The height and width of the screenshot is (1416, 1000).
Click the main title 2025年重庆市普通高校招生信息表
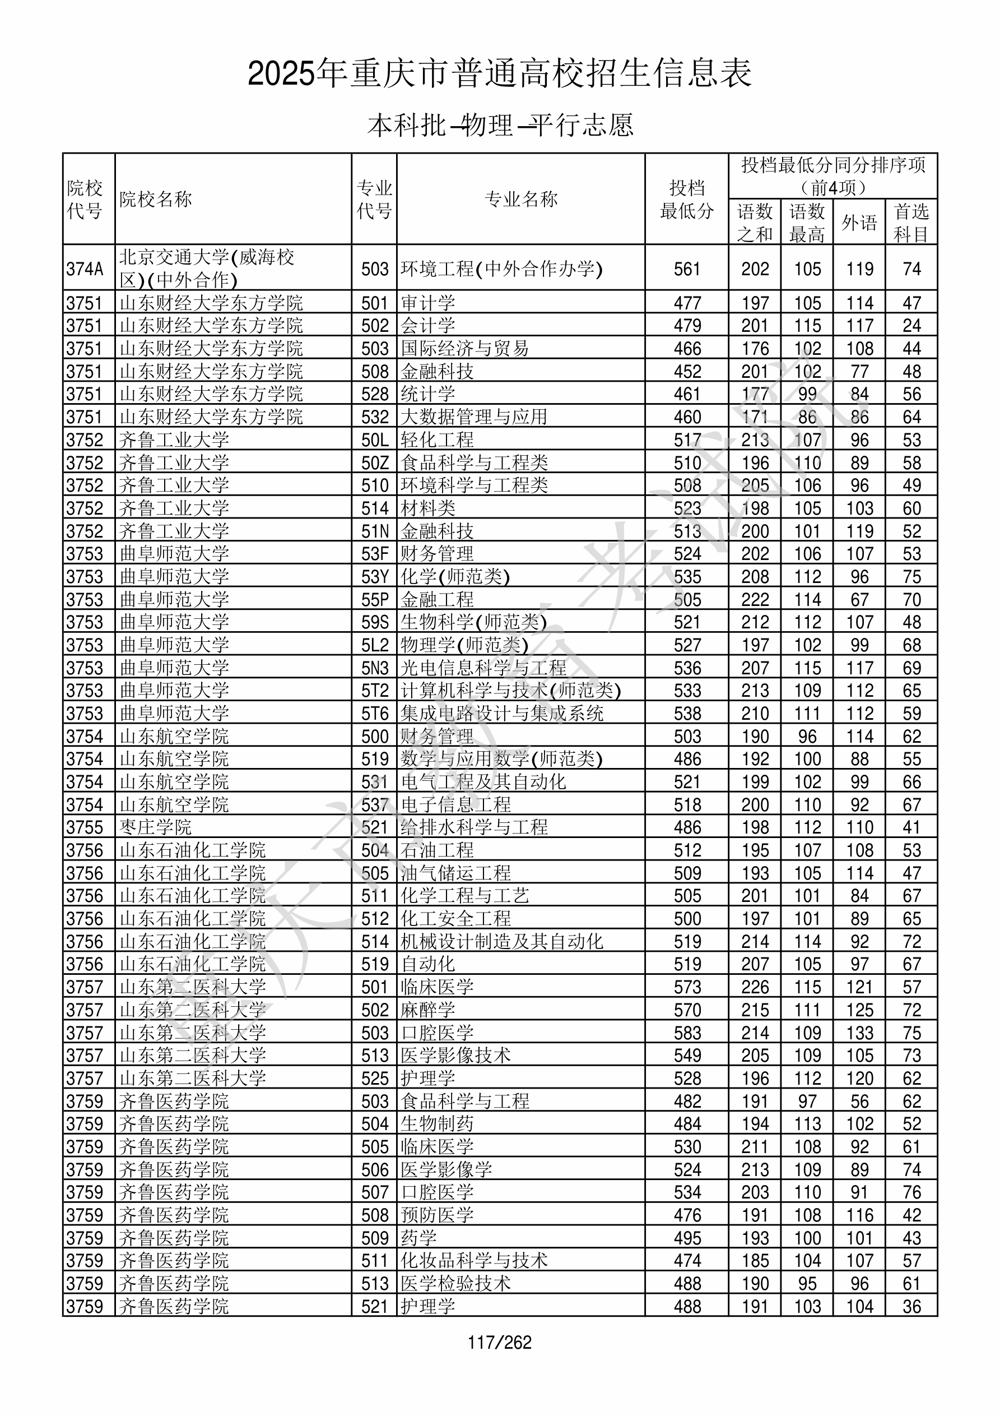click(x=499, y=73)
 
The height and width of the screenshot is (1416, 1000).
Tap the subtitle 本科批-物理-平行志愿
click(x=500, y=125)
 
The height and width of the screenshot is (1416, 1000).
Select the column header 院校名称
click(x=156, y=199)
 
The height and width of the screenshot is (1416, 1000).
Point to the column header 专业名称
click(x=521, y=199)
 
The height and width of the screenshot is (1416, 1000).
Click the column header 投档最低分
click(x=686, y=199)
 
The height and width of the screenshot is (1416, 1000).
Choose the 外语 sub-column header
click(x=859, y=222)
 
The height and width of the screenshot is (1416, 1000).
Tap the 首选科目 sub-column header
click(x=911, y=222)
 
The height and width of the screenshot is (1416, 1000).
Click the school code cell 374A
click(x=85, y=269)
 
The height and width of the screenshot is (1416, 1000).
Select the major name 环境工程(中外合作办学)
click(x=501, y=269)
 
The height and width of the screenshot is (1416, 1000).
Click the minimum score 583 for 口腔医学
click(x=687, y=1033)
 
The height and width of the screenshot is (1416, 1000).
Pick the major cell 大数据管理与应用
click(x=473, y=417)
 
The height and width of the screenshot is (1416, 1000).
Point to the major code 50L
click(x=375, y=439)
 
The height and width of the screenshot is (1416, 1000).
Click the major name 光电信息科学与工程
click(x=483, y=668)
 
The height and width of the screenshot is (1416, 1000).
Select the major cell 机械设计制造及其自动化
click(x=502, y=942)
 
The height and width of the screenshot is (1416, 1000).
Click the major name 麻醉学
click(x=428, y=1010)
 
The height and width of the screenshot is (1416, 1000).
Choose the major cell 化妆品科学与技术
click(x=474, y=1261)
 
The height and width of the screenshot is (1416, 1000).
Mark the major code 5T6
click(x=375, y=714)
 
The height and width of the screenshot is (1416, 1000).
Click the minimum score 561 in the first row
click(x=687, y=269)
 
